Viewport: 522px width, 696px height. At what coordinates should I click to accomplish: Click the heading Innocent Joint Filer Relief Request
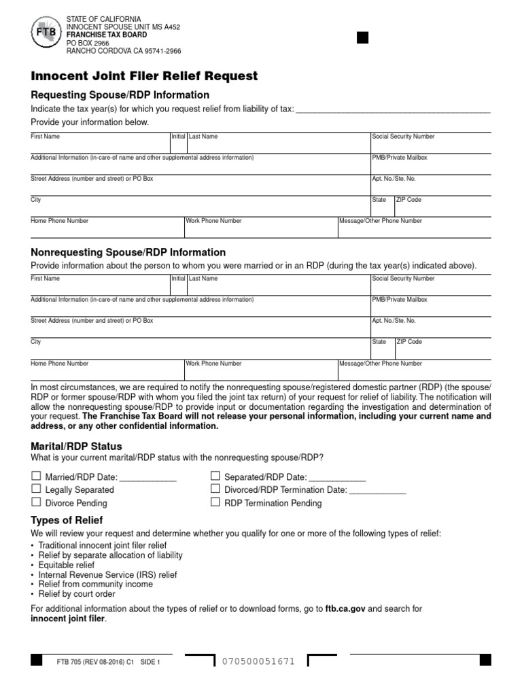click(x=144, y=75)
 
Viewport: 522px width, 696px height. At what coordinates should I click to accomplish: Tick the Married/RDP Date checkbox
click(x=35, y=476)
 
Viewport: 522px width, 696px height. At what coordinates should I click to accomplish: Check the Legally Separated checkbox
click(x=35, y=489)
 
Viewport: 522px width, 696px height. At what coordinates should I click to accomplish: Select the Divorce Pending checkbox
click(x=35, y=503)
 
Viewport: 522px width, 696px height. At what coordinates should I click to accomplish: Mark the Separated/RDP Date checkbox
click(x=215, y=476)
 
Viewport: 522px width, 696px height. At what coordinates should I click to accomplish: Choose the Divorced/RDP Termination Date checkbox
click(x=215, y=489)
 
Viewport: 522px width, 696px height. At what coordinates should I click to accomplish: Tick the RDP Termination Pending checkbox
click(x=215, y=503)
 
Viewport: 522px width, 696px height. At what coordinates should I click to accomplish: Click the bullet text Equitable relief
click(x=67, y=565)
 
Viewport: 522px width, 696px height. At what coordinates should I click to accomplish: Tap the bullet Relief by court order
click(x=77, y=593)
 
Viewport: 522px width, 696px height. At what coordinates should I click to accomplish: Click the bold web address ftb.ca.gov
click(x=345, y=609)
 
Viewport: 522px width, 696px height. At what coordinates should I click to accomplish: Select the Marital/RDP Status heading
click(x=76, y=447)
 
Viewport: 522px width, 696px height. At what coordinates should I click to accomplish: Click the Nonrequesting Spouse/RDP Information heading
click(x=128, y=252)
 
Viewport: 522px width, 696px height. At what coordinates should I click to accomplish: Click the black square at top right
click(x=362, y=37)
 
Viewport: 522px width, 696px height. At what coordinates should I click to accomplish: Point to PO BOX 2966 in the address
click(x=87, y=43)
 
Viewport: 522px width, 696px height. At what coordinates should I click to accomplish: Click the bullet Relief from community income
click(x=96, y=584)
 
